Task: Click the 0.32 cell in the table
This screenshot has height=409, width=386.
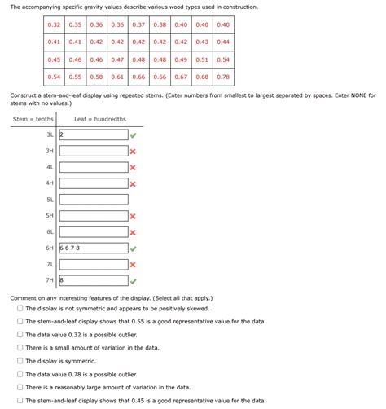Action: [x=54, y=24]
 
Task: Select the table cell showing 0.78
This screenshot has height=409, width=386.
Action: [x=223, y=77]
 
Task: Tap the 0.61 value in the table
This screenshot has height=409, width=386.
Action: [x=117, y=77]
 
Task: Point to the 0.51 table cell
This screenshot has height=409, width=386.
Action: [x=202, y=59]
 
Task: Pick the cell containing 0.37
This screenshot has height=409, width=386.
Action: [x=138, y=24]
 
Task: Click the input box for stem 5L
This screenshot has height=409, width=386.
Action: [x=93, y=200]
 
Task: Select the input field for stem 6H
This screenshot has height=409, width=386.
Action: [x=93, y=248]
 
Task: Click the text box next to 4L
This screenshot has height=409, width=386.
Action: [x=93, y=167]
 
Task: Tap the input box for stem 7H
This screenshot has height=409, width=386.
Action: [x=93, y=280]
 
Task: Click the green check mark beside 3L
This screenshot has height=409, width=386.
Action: [x=134, y=135]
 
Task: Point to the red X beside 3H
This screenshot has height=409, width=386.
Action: [x=133, y=152]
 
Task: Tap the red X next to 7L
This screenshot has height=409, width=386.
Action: [x=133, y=265]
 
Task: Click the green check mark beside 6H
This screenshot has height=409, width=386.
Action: [x=134, y=248]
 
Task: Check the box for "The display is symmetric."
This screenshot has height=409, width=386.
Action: [x=20, y=361]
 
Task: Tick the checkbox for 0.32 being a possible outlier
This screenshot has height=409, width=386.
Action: [x=20, y=335]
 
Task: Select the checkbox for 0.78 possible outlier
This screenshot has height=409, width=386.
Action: [x=20, y=374]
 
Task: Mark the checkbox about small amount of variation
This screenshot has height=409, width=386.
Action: [x=20, y=348]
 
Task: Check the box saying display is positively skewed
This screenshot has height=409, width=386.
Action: [x=20, y=309]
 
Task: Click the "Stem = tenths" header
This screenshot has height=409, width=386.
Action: [x=33, y=120]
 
